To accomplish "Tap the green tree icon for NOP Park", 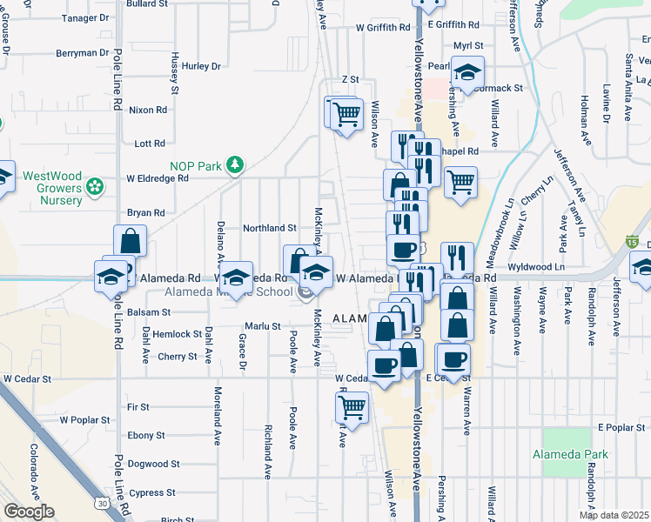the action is (233, 164).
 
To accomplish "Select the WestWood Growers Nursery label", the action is (52, 188).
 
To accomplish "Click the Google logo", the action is (29, 512).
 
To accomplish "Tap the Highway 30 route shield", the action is (103, 504).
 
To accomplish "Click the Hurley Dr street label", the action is (202, 66).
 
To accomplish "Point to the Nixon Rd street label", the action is (147, 110).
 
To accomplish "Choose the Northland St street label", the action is (270, 228).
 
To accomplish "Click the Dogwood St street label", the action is (153, 465).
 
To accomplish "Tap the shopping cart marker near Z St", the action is (346, 113).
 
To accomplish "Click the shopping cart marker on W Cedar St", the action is (352, 406).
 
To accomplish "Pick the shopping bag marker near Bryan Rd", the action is (130, 240).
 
